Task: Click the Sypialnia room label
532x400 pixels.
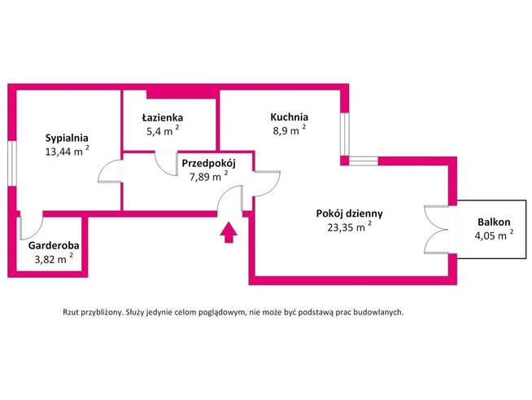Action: tap(67, 138)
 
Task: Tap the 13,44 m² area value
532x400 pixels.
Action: tap(67, 152)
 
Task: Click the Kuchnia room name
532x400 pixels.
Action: tap(290, 116)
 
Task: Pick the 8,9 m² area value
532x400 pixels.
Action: tap(288, 130)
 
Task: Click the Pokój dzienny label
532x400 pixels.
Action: tap(349, 213)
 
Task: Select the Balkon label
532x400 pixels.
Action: tap(494, 222)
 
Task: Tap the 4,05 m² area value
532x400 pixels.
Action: tap(494, 235)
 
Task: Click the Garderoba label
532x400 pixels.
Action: tap(53, 244)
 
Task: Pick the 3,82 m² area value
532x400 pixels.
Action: tap(50, 258)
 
